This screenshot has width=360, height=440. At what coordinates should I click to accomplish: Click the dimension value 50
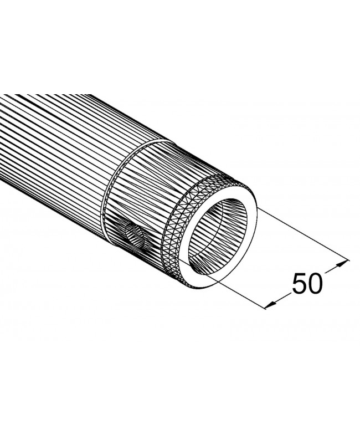(307, 284)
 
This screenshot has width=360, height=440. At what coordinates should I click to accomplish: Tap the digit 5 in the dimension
(299, 284)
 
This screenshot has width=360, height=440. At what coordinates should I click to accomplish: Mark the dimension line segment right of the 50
(334, 267)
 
